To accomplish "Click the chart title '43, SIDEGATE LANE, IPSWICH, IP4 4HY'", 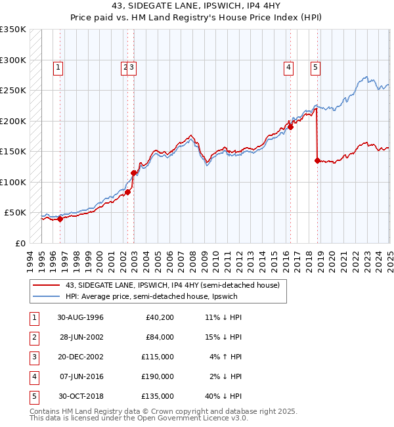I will [197, 7].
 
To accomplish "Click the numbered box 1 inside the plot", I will [58, 66].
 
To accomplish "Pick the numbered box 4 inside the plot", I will [288, 66].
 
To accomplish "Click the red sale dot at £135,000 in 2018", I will [317, 160].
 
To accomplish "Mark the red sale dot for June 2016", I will [290, 127].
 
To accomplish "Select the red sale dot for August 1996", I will [60, 219].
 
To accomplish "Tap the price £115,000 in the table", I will [160, 357].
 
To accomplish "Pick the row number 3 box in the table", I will [33, 357].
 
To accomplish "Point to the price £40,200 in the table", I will [160, 317].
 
